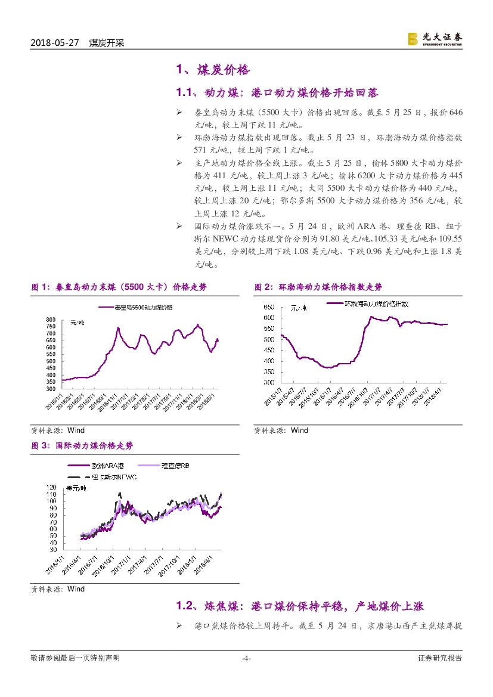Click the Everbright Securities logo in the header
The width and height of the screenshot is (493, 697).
(435, 38)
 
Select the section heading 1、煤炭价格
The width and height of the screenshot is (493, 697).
(212, 70)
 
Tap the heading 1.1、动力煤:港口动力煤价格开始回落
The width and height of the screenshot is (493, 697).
(277, 93)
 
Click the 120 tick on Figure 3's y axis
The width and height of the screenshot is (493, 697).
(51, 487)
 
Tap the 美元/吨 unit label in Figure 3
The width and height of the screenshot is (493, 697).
(76, 489)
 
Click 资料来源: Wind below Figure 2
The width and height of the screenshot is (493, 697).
(281, 430)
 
